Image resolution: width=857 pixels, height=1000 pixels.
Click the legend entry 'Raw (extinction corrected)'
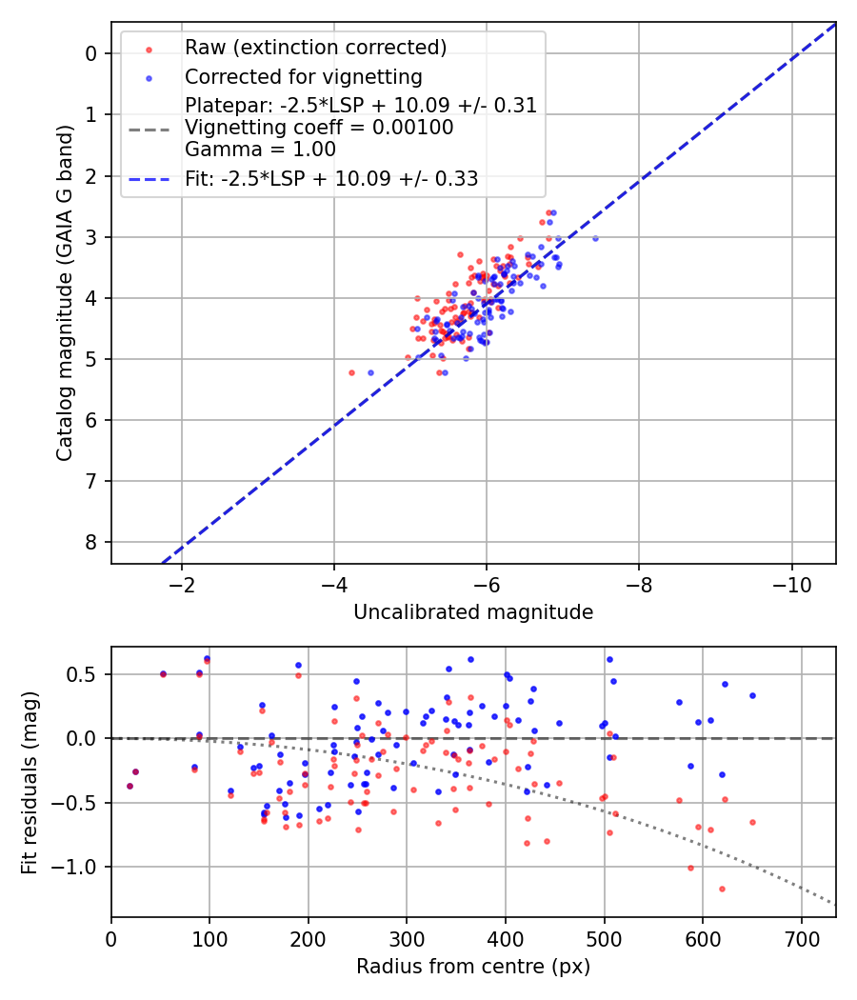pyautogui.click(x=315, y=48)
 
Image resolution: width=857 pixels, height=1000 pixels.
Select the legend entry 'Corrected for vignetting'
pyautogui.click(x=304, y=76)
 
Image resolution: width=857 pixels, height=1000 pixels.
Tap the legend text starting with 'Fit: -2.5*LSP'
pyautogui.click(x=331, y=177)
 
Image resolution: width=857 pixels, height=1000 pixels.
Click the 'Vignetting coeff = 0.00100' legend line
pyautogui.click(x=319, y=127)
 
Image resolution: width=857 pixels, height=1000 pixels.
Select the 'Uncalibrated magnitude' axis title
pyautogui.click(x=473, y=612)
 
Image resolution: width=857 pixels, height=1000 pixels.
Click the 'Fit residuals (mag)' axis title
pyautogui.click(x=30, y=782)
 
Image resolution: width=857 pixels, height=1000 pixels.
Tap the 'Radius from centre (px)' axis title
pyautogui.click(x=473, y=967)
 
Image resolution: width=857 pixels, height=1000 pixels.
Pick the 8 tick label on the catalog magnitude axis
pyautogui.click(x=91, y=542)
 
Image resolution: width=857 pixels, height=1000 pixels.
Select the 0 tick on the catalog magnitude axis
pyautogui.click(x=91, y=53)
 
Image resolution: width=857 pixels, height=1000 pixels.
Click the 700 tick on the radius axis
pyautogui.click(x=802, y=937)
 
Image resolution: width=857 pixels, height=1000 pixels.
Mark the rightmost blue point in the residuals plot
pyautogui.click(x=752, y=695)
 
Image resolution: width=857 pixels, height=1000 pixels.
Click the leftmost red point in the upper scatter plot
pyautogui.click(x=351, y=372)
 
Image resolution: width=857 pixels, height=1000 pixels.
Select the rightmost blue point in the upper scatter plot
pyautogui.click(x=595, y=238)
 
